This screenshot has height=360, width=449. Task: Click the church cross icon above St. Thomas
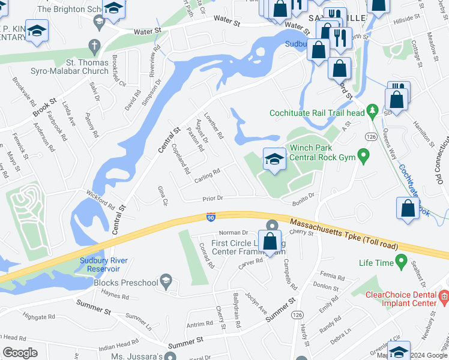(94, 46)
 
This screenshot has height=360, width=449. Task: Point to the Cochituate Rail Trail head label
(317, 112)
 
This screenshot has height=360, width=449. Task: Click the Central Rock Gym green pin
(363, 157)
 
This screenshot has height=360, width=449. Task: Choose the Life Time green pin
(401, 262)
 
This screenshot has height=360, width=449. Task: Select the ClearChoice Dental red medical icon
(444, 296)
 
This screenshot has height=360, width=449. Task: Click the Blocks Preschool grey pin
(167, 281)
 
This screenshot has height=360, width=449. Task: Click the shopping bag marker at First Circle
(271, 242)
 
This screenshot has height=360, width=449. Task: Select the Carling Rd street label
(206, 175)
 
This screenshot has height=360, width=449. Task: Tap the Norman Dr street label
(234, 232)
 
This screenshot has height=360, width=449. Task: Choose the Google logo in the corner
(20, 352)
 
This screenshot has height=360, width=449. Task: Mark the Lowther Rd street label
(213, 127)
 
